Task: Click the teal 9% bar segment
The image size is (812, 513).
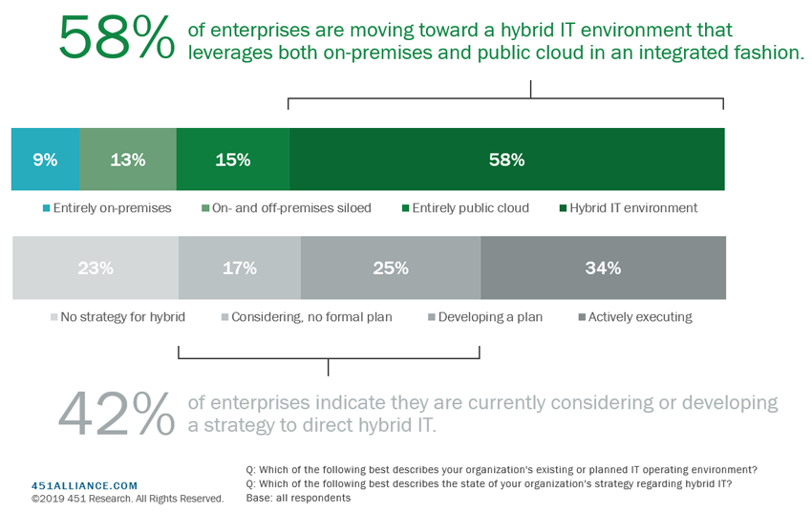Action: [x=46, y=159]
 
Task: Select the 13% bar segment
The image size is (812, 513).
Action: [x=128, y=159]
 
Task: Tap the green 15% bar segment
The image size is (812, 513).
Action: [x=233, y=159]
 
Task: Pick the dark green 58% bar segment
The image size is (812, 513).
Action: [x=507, y=159]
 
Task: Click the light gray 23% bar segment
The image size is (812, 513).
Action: [x=96, y=267]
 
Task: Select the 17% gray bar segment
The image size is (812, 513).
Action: [x=240, y=267]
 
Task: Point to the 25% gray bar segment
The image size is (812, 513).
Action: [x=391, y=267]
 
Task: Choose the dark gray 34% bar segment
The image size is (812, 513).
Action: [x=604, y=267]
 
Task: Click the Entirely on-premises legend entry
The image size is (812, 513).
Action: [x=107, y=208]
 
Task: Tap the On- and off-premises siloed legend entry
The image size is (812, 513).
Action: [x=287, y=208]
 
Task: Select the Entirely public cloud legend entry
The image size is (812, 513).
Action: [x=465, y=208]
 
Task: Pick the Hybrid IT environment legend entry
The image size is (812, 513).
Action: [x=629, y=208]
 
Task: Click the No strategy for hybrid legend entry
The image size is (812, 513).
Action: [x=118, y=317]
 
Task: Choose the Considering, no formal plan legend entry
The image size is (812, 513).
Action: [x=307, y=317]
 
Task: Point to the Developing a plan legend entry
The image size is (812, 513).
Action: [x=485, y=317]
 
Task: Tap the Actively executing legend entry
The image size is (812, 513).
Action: [x=635, y=317]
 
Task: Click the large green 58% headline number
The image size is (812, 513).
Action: [x=117, y=38]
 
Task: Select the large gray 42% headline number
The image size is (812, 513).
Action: [x=117, y=413]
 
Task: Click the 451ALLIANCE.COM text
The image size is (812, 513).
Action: [x=84, y=485]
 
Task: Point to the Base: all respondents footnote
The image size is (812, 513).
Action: [x=298, y=498]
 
